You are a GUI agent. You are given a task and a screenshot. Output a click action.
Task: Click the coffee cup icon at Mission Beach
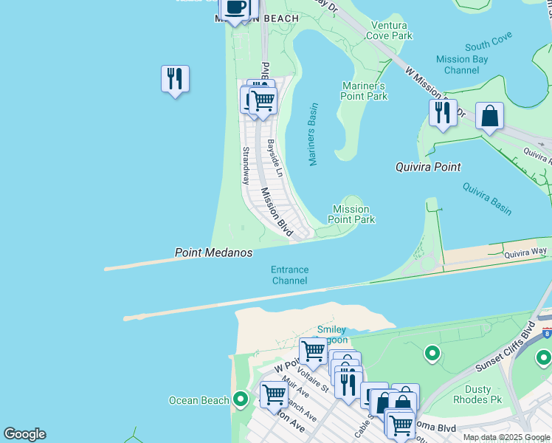235,7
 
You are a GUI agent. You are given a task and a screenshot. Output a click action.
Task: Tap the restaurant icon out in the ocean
175,78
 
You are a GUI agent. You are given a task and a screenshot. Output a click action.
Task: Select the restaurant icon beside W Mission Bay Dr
443,112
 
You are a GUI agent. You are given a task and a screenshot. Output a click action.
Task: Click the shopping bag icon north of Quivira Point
489,116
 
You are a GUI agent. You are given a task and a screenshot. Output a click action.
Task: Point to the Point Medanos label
213,253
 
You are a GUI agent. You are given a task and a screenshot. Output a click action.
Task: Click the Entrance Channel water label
289,275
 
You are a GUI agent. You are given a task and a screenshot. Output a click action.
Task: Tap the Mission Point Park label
351,214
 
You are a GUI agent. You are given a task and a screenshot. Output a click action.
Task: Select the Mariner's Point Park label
365,91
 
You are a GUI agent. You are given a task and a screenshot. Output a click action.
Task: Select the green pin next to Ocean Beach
240,400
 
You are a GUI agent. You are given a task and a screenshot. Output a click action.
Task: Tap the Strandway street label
246,165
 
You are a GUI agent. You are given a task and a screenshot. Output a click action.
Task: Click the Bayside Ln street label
275,158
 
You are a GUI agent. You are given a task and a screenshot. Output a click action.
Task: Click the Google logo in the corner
24,434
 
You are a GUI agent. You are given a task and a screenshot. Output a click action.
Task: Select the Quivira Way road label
525,253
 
